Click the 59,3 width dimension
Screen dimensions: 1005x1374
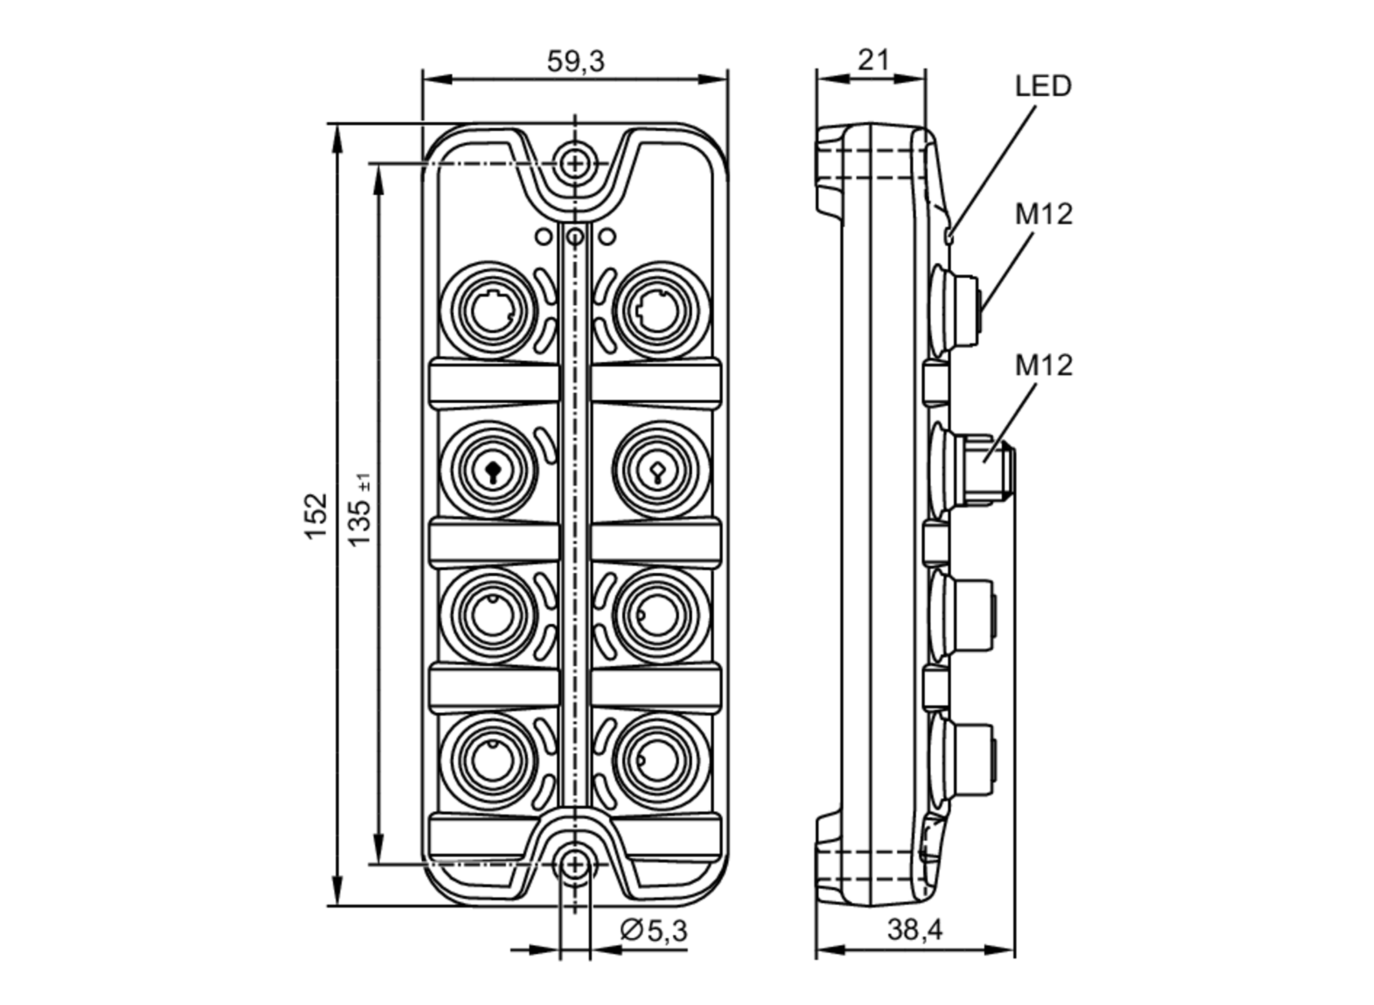(x=575, y=62)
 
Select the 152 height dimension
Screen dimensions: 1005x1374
(x=316, y=516)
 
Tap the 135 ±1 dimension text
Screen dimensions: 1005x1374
(x=359, y=512)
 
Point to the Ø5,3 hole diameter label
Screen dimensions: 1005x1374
(x=653, y=931)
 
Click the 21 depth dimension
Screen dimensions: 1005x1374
(x=873, y=60)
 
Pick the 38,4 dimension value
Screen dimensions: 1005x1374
(x=914, y=930)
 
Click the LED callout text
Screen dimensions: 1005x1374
(x=1043, y=87)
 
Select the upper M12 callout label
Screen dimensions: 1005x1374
(x=1044, y=214)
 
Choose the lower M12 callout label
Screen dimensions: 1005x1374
(x=1044, y=365)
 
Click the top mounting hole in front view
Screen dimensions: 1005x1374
(x=575, y=164)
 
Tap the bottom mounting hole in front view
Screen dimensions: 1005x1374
(x=575, y=865)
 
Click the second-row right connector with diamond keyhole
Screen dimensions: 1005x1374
(x=660, y=470)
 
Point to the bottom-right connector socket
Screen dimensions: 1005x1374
(x=660, y=761)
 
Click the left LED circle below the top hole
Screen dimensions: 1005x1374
(x=543, y=237)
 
